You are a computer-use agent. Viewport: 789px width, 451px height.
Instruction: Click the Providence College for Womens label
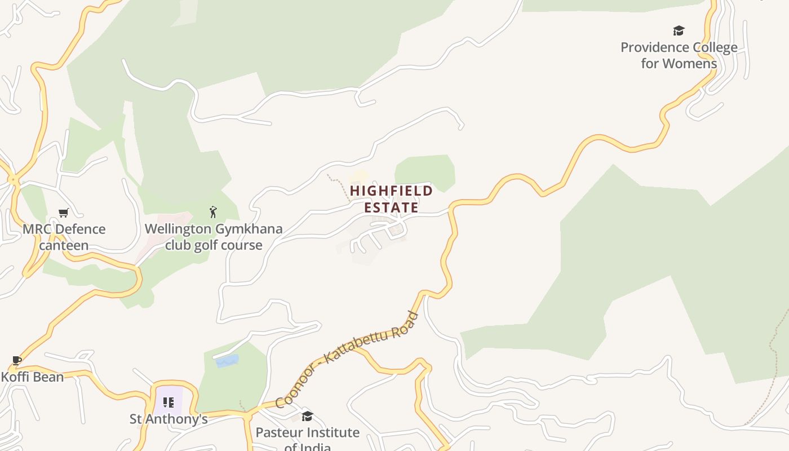(x=679, y=55)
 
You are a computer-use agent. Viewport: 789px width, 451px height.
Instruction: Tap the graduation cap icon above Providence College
(x=679, y=30)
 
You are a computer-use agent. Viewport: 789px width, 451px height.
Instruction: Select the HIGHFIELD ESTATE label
(x=391, y=199)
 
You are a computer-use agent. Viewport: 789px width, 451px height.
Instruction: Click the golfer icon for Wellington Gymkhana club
(x=213, y=212)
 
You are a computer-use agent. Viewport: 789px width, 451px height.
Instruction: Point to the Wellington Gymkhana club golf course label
(x=214, y=237)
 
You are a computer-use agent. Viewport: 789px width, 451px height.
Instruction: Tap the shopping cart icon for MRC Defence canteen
(x=64, y=213)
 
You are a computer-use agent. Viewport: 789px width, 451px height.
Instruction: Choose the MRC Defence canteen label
(x=64, y=237)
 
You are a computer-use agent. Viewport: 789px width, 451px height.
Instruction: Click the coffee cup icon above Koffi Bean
(x=17, y=360)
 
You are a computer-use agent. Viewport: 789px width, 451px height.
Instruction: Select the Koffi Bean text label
(x=32, y=377)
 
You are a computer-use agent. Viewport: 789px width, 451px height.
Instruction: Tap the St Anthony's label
(x=169, y=419)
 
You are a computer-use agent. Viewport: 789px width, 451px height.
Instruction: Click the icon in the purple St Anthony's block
(x=168, y=402)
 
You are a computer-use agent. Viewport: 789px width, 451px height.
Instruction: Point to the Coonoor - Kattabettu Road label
(x=347, y=360)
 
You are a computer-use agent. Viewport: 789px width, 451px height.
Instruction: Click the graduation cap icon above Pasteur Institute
(x=307, y=416)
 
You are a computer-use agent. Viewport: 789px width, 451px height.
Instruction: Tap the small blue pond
(x=227, y=361)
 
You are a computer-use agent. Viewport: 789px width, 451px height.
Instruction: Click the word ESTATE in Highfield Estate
(x=391, y=207)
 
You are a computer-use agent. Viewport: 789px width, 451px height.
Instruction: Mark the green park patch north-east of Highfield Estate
(x=425, y=171)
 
